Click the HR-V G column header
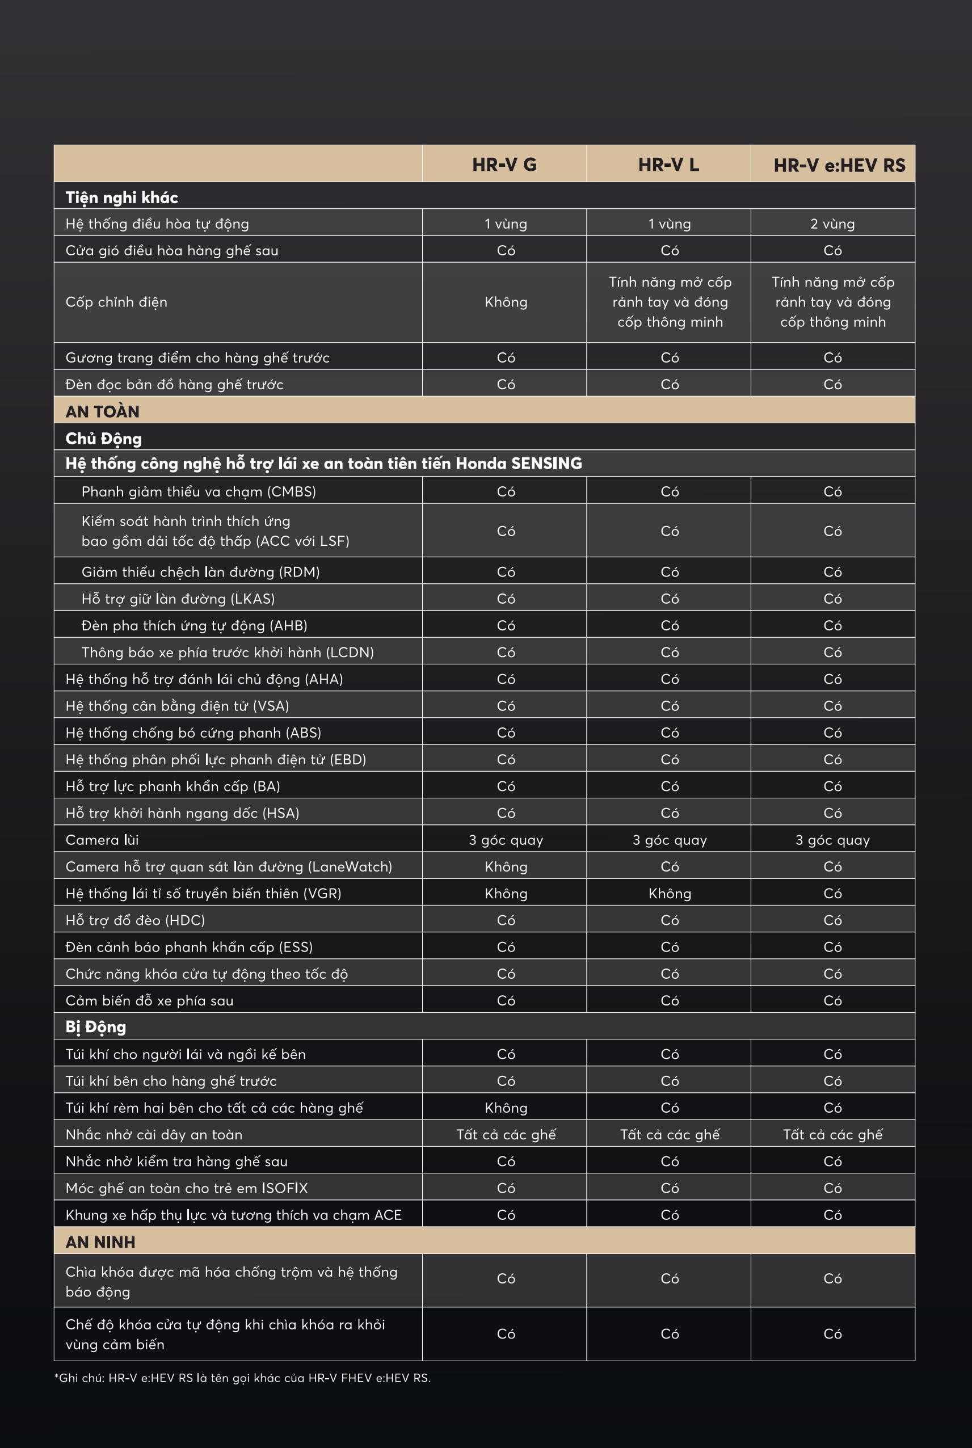(504, 165)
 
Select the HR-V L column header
(668, 165)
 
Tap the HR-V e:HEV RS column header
(839, 166)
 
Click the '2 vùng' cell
(832, 224)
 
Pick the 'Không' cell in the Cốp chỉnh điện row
(506, 302)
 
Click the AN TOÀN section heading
(102, 411)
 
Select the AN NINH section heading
(100, 1242)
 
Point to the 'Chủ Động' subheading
(103, 439)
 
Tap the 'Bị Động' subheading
(95, 1027)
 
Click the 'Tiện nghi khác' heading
(121, 197)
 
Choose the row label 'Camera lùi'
(102, 840)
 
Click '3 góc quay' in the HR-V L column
(670, 840)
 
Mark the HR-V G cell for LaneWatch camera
(506, 866)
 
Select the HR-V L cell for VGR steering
(670, 893)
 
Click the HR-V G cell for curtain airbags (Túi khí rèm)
(506, 1108)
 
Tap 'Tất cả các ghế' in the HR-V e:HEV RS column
(832, 1134)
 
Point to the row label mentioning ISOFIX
(187, 1188)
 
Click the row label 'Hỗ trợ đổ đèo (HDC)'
(135, 920)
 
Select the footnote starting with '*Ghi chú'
(242, 1378)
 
